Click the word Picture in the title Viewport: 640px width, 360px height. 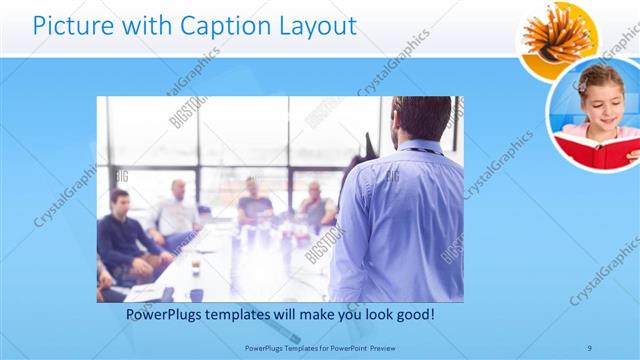tap(72, 26)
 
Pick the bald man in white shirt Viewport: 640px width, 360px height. tap(177, 213)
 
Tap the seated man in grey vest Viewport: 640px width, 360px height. tap(315, 205)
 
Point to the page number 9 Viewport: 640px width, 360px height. tap(590, 347)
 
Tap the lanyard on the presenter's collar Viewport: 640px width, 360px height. tap(420, 151)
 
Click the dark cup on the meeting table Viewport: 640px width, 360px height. tap(196, 294)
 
